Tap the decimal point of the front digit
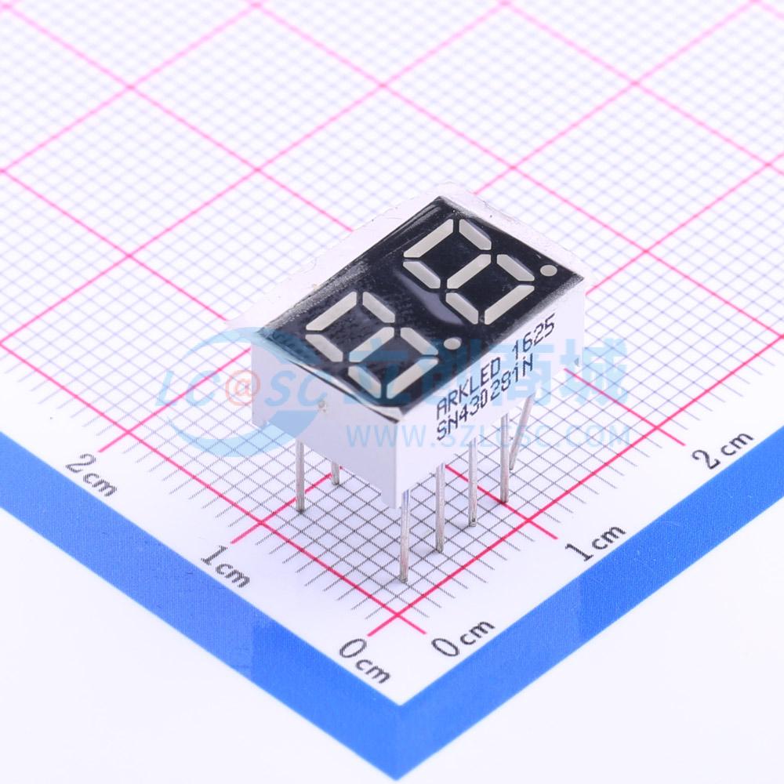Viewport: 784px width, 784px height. (451, 343)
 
